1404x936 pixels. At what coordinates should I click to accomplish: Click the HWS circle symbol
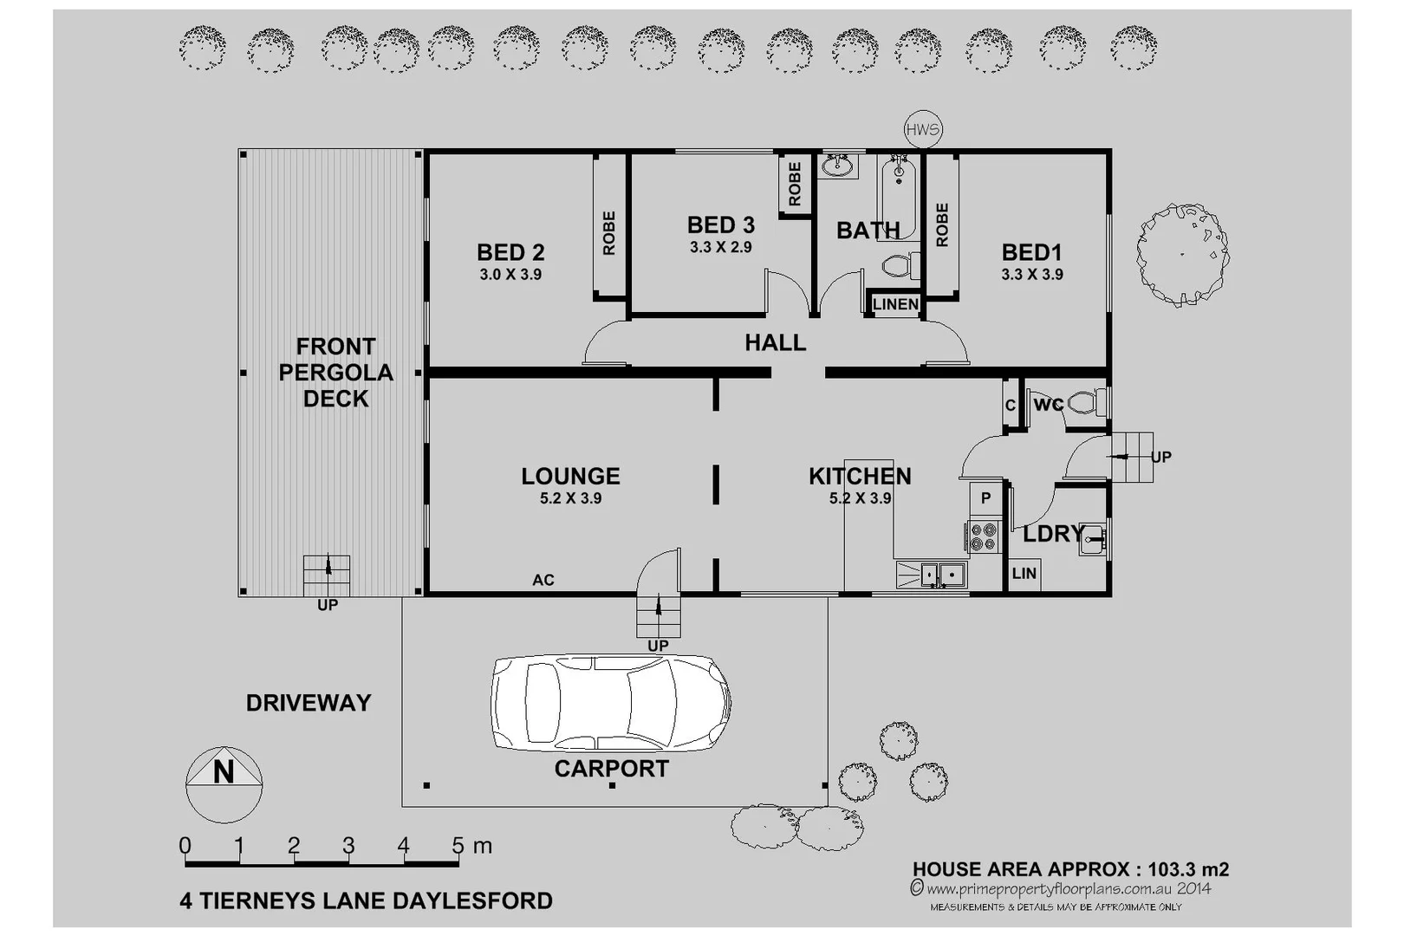(x=922, y=130)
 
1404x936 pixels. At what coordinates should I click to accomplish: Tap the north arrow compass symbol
(x=224, y=783)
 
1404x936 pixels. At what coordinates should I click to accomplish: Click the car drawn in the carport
(x=610, y=702)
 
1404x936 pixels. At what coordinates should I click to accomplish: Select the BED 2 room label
(x=510, y=252)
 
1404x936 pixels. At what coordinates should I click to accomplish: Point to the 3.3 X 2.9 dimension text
(x=720, y=247)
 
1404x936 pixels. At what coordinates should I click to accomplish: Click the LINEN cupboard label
(x=895, y=304)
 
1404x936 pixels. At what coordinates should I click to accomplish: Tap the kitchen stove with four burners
(x=983, y=536)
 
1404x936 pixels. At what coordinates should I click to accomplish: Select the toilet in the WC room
(x=1087, y=403)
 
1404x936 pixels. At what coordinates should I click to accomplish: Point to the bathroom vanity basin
(x=837, y=165)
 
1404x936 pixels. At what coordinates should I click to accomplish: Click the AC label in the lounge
(x=543, y=580)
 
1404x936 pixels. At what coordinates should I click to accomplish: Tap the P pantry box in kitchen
(x=985, y=498)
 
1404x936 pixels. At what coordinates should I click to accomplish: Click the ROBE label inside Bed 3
(x=795, y=184)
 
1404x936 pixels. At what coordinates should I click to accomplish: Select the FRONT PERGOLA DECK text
(x=335, y=373)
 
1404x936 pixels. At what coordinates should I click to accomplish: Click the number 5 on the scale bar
(x=458, y=845)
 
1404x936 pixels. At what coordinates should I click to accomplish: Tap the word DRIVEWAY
(x=309, y=703)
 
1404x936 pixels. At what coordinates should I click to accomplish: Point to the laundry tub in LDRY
(x=1092, y=539)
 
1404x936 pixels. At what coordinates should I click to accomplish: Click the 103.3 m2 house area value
(x=1188, y=869)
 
